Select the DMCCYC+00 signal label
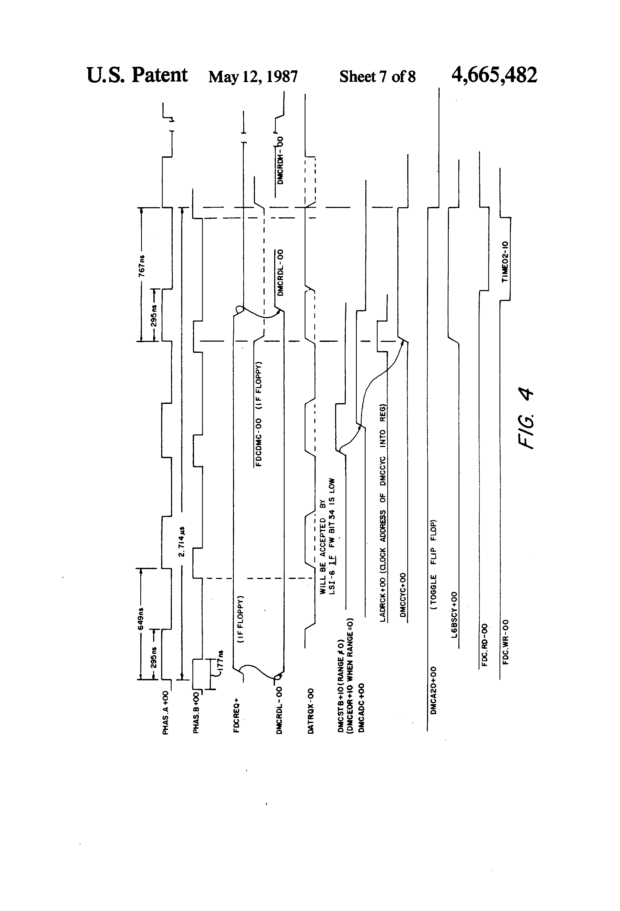[402, 596]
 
